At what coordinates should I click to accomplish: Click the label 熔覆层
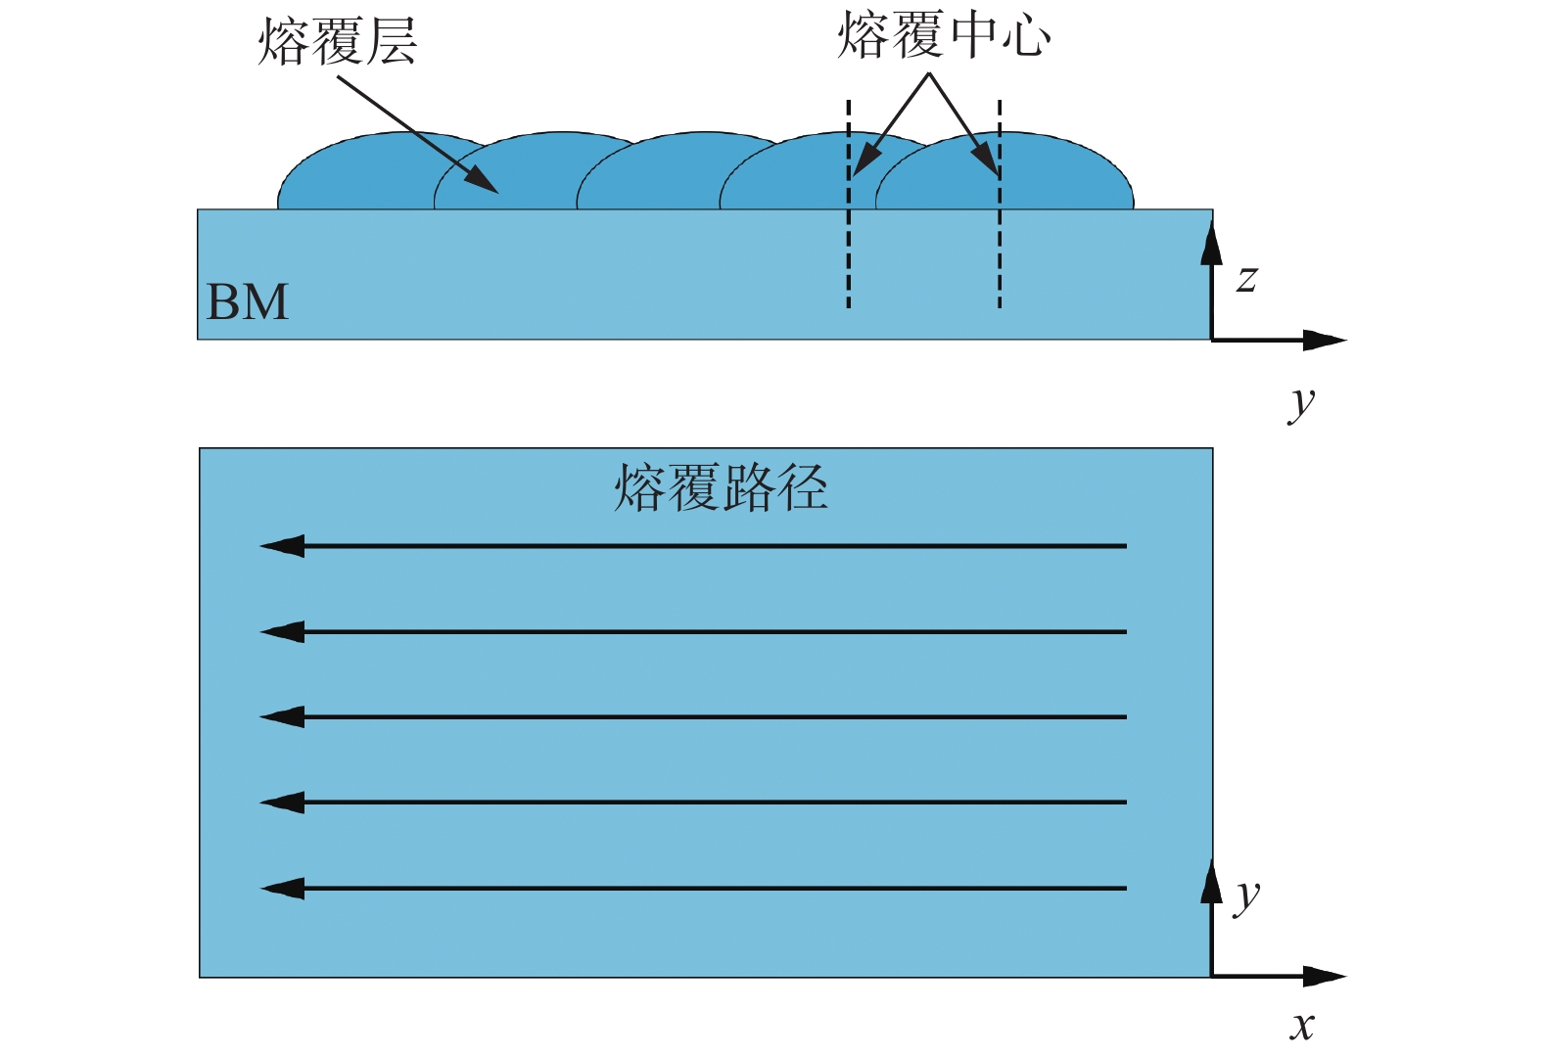337,43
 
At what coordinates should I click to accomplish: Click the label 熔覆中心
944,36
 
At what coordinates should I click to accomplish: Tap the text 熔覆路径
721,487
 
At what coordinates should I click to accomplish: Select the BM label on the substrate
248,301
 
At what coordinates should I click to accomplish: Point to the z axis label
1246,279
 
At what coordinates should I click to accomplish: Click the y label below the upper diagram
1302,402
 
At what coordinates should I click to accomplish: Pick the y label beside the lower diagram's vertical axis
1247,895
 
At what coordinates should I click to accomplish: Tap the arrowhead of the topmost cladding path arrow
282,546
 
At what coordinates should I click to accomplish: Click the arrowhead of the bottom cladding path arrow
282,889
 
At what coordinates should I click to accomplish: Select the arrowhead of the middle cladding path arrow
282,717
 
